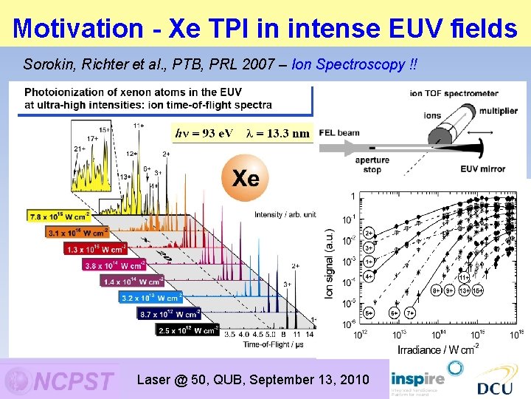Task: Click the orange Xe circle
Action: (x=246, y=178)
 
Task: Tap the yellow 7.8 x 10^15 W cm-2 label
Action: (x=58, y=216)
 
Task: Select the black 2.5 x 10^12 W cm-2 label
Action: (x=187, y=330)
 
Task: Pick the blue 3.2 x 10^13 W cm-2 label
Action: (x=150, y=298)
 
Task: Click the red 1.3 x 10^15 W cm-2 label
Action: (x=96, y=249)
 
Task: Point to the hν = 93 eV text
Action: (x=204, y=133)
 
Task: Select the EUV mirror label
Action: (x=483, y=169)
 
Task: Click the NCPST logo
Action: (x=60, y=381)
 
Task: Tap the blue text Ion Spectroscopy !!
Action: (x=354, y=64)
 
